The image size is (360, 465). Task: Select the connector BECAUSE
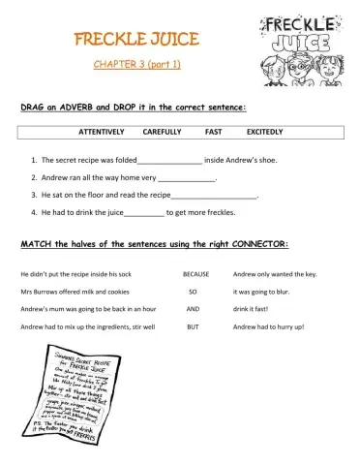196,274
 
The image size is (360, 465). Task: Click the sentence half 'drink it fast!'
254,309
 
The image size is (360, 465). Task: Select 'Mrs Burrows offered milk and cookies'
75,292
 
